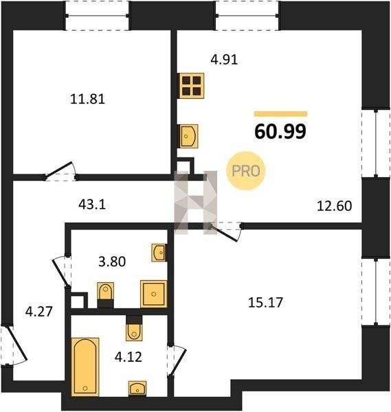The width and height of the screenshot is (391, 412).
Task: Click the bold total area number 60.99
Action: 280,131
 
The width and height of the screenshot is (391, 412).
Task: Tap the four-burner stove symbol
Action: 192,86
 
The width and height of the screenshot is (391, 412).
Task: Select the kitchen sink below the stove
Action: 188,136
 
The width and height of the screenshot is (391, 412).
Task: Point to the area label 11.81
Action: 87,100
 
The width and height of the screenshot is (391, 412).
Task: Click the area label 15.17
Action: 265,302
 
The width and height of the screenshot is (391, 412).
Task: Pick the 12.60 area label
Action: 334,206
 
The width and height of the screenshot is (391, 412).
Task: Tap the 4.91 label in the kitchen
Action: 224,60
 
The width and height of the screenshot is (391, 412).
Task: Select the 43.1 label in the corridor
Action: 92,204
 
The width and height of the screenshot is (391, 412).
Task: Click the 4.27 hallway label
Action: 39,312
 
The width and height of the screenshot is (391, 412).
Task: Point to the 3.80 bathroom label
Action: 112,262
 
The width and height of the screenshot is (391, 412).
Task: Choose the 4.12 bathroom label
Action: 129,357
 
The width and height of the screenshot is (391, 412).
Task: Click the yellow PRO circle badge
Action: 246,171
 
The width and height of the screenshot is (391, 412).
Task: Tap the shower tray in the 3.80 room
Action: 154,294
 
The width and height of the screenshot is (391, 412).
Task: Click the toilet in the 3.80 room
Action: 105,295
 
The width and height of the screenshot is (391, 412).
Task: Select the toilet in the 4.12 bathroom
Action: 134,328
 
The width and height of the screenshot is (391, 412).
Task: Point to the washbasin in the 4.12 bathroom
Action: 137,388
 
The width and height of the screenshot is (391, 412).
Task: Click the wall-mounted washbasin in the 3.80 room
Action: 159,253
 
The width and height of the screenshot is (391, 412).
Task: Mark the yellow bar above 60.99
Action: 280,114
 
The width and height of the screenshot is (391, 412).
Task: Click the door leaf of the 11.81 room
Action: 58,170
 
